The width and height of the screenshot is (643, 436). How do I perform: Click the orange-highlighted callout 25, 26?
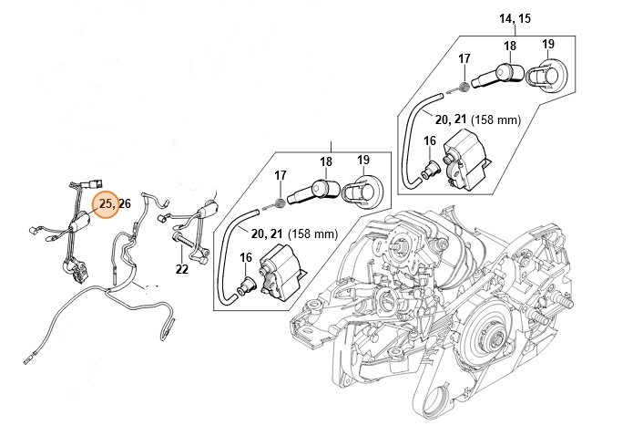tap(108, 204)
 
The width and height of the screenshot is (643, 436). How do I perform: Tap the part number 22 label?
tap(183, 269)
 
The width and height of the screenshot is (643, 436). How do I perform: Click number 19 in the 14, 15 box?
tap(548, 45)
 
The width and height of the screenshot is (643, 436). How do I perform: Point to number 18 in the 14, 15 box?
tap(510, 46)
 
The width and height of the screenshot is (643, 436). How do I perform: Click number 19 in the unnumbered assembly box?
tap(362, 161)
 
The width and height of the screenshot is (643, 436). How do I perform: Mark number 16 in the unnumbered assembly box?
tap(245, 259)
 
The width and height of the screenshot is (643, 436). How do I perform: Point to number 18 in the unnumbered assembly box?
tap(325, 161)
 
